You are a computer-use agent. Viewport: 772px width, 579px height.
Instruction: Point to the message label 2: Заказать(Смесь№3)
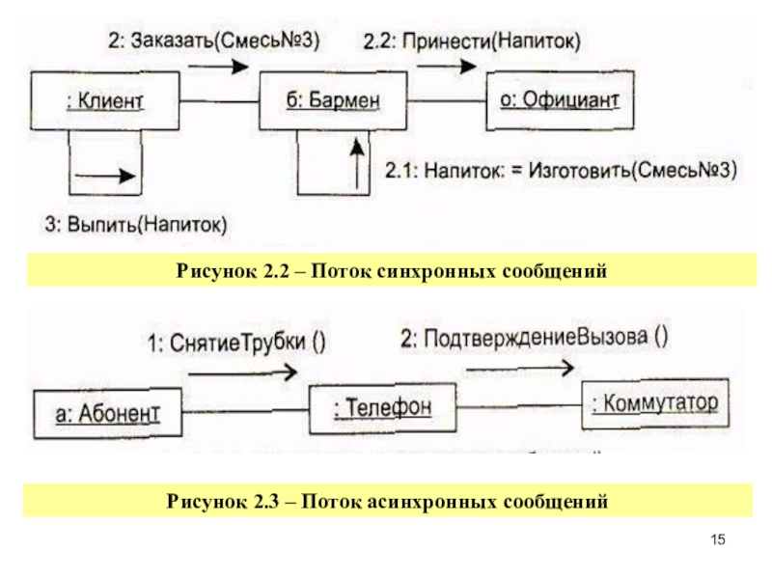[x=214, y=41]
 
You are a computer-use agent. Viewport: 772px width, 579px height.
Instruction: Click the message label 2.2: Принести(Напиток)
[x=472, y=41]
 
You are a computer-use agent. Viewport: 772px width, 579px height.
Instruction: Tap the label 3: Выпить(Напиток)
[x=136, y=225]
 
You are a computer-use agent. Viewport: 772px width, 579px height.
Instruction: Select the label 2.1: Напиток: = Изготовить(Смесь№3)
[x=561, y=171]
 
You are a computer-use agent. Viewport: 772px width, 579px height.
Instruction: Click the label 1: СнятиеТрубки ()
[x=236, y=343]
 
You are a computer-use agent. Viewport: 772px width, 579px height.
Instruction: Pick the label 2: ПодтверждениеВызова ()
[x=535, y=339]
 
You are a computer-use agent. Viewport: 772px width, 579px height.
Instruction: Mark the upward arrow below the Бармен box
[x=358, y=164]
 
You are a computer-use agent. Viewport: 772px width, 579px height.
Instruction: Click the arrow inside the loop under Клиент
[x=105, y=176]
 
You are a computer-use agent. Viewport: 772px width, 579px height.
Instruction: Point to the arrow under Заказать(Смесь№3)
[x=219, y=66]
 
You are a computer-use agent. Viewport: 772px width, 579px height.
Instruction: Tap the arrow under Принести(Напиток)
[x=447, y=66]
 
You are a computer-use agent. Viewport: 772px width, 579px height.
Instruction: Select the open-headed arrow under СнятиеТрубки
[x=243, y=373]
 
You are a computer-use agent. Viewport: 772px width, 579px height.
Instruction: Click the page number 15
[x=718, y=539]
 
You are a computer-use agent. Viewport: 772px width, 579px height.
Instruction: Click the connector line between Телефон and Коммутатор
[x=519, y=406]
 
